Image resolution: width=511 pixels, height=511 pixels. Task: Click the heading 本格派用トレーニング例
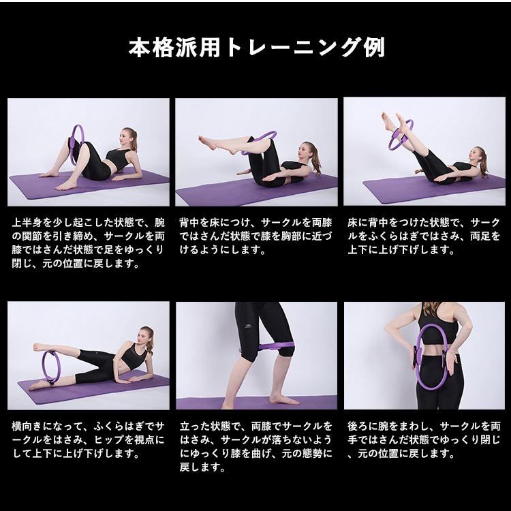(x=256, y=47)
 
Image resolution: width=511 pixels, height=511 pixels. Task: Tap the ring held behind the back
(x=420, y=358)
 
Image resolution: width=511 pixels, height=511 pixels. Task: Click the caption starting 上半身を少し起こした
(x=89, y=243)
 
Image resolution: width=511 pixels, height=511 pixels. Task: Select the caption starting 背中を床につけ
(x=256, y=236)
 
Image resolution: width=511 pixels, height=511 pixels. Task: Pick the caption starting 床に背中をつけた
(x=424, y=236)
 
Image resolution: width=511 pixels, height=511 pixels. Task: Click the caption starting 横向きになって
(x=89, y=439)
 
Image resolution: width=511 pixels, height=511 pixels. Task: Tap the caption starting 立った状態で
(x=256, y=446)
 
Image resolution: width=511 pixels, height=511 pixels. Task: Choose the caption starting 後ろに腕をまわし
(x=424, y=439)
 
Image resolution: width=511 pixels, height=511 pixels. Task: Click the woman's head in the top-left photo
(x=128, y=136)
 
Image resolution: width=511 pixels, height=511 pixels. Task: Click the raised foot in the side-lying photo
(x=41, y=346)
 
